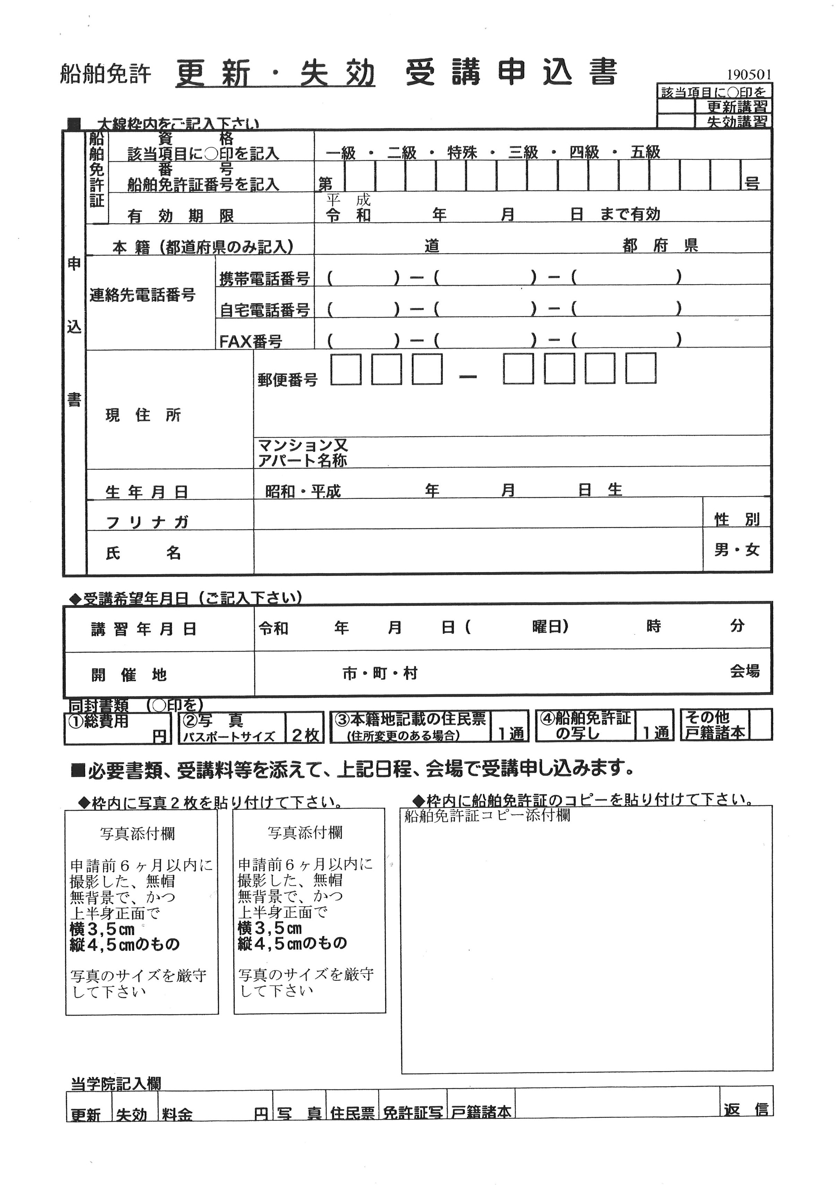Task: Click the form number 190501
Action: coord(749,75)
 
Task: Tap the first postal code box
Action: coord(346,369)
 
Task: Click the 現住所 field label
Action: coord(143,415)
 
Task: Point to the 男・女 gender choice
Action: coord(736,550)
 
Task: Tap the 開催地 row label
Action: coord(129,675)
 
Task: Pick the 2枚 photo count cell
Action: coord(305,735)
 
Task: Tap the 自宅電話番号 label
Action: coord(265,310)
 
